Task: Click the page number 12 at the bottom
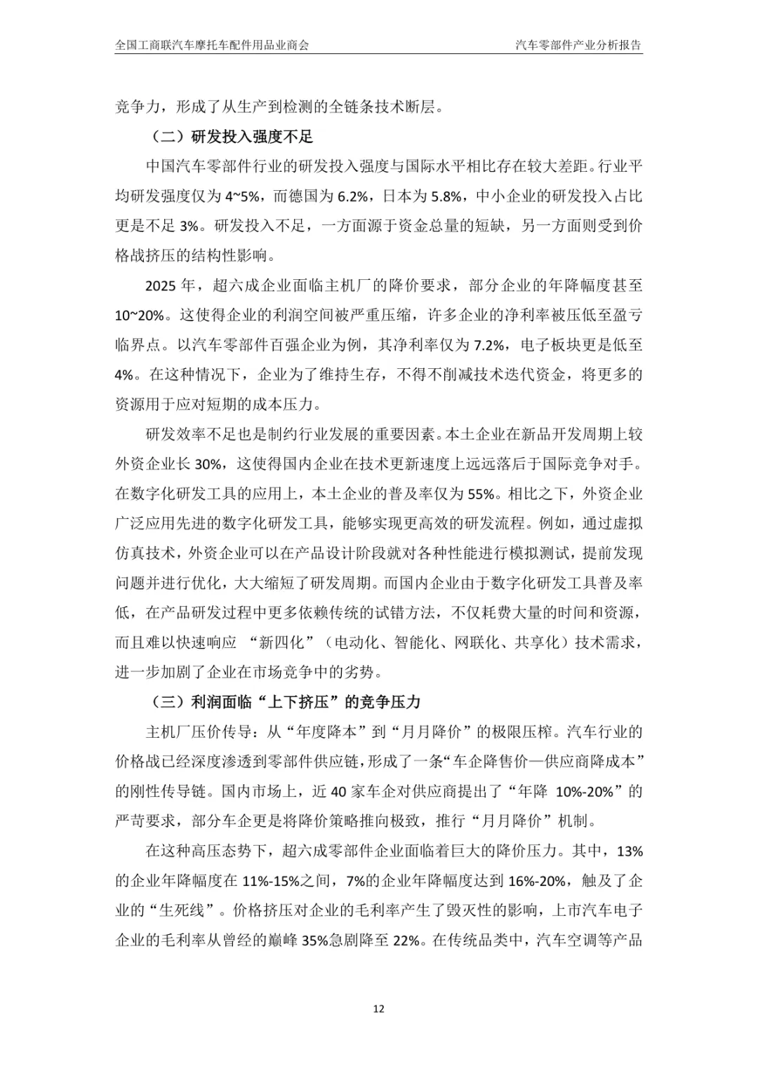pos(379,1009)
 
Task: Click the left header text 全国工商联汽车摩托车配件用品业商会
pos(212,46)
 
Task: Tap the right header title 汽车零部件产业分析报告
pos(578,46)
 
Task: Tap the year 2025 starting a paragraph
pos(161,286)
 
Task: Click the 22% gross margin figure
pos(406,941)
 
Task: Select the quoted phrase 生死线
pos(185,911)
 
